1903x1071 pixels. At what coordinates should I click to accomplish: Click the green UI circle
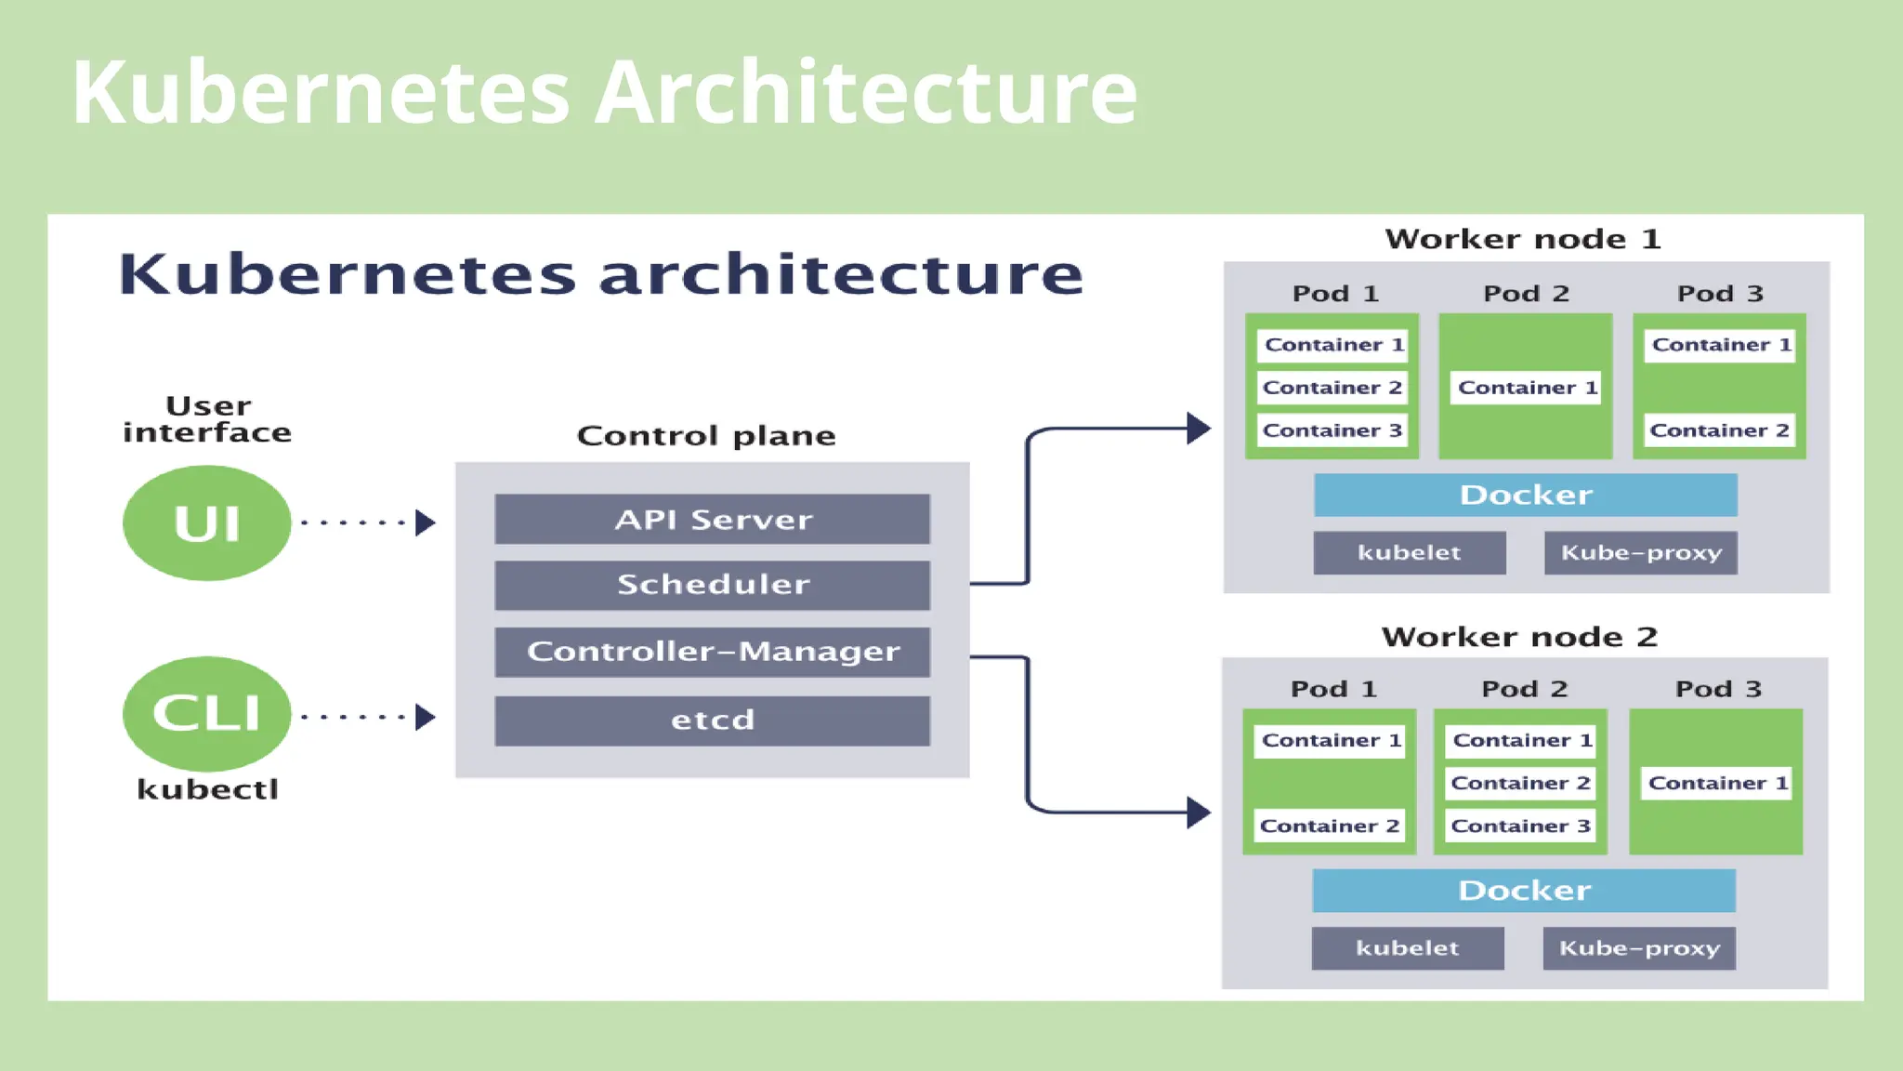pos(206,522)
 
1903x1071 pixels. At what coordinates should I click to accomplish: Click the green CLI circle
pos(206,713)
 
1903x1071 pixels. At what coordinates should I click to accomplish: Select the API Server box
pos(712,519)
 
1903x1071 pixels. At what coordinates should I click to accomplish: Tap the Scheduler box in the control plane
pos(712,585)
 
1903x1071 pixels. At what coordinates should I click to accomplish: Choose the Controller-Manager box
pos(712,652)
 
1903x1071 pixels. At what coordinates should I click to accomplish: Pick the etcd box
pos(712,721)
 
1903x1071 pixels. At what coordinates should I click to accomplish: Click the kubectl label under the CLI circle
pos(207,789)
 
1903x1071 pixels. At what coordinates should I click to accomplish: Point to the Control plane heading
pos(706,436)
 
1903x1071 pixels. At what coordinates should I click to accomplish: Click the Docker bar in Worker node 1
pos(1525,495)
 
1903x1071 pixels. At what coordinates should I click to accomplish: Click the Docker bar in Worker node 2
pos(1523,891)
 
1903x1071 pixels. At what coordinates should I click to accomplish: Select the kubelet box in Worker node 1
pos(1409,552)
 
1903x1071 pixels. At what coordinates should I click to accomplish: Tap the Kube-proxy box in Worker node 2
pos(1639,948)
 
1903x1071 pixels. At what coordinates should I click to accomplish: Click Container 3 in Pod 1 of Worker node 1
pos(1332,430)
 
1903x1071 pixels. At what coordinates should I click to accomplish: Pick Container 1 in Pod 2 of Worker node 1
pos(1526,388)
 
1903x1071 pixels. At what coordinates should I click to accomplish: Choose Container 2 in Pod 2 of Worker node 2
pos(1520,784)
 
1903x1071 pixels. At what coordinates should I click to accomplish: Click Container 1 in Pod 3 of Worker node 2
pos(1717,784)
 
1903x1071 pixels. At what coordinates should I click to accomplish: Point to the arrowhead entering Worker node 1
pos(1199,429)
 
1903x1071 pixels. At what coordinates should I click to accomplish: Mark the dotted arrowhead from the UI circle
pos(426,522)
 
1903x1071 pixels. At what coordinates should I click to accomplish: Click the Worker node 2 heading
pos(1519,637)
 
